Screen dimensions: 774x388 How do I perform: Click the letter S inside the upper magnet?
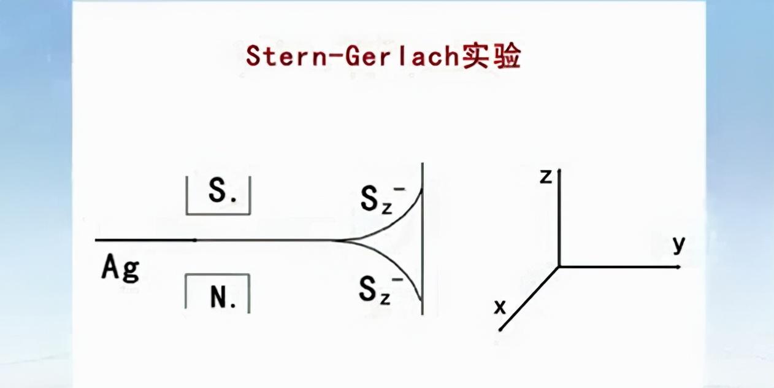pyautogui.click(x=218, y=193)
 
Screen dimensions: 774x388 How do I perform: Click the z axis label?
pyautogui.click(x=545, y=177)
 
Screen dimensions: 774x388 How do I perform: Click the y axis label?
pyautogui.click(x=678, y=244)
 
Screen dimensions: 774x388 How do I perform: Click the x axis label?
pyautogui.click(x=500, y=306)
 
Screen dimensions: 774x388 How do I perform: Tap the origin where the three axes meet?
pyautogui.click(x=559, y=266)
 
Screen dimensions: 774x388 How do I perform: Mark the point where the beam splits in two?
pyautogui.click(x=336, y=240)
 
